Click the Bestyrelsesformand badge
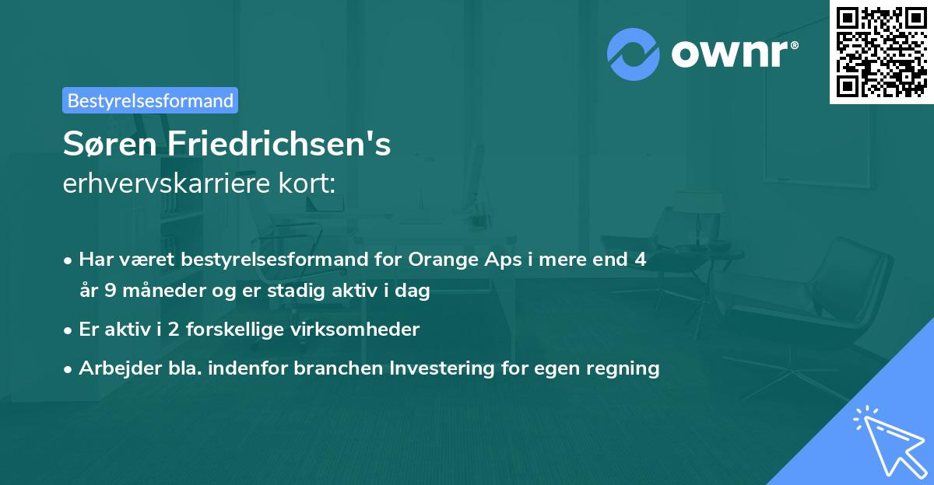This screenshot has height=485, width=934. pos(150,100)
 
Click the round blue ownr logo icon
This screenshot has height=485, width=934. pos(634,54)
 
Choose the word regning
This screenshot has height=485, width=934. pos(623,368)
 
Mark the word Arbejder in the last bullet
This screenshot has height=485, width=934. pos(114,368)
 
